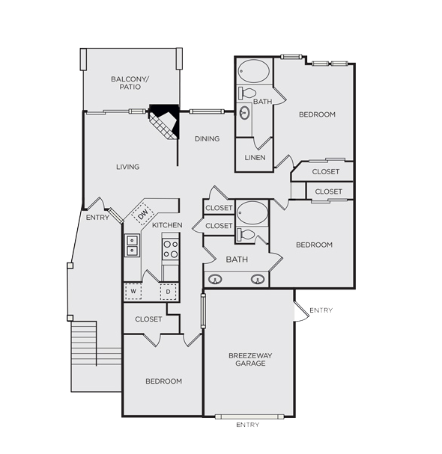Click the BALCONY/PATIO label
130,83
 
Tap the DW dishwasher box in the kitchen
142,214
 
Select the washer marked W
133,291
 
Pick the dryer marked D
169,292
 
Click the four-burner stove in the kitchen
171,249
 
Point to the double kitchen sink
133,245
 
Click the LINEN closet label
255,158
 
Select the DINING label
207,139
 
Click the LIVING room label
128,167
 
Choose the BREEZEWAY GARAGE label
250,359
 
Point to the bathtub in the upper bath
253,71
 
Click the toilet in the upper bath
246,93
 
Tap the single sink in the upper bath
245,113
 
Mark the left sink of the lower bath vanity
215,280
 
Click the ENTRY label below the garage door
247,425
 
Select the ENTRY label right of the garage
321,310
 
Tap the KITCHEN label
167,225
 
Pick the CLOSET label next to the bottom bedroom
148,319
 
